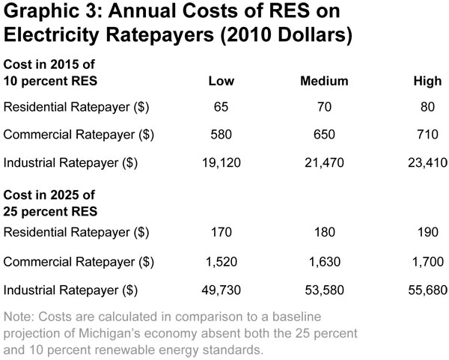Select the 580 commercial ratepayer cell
pos(222,134)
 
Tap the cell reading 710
pos(428,134)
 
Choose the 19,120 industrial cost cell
pos(222,162)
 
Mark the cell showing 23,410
pos(428,162)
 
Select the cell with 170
pos(222,234)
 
